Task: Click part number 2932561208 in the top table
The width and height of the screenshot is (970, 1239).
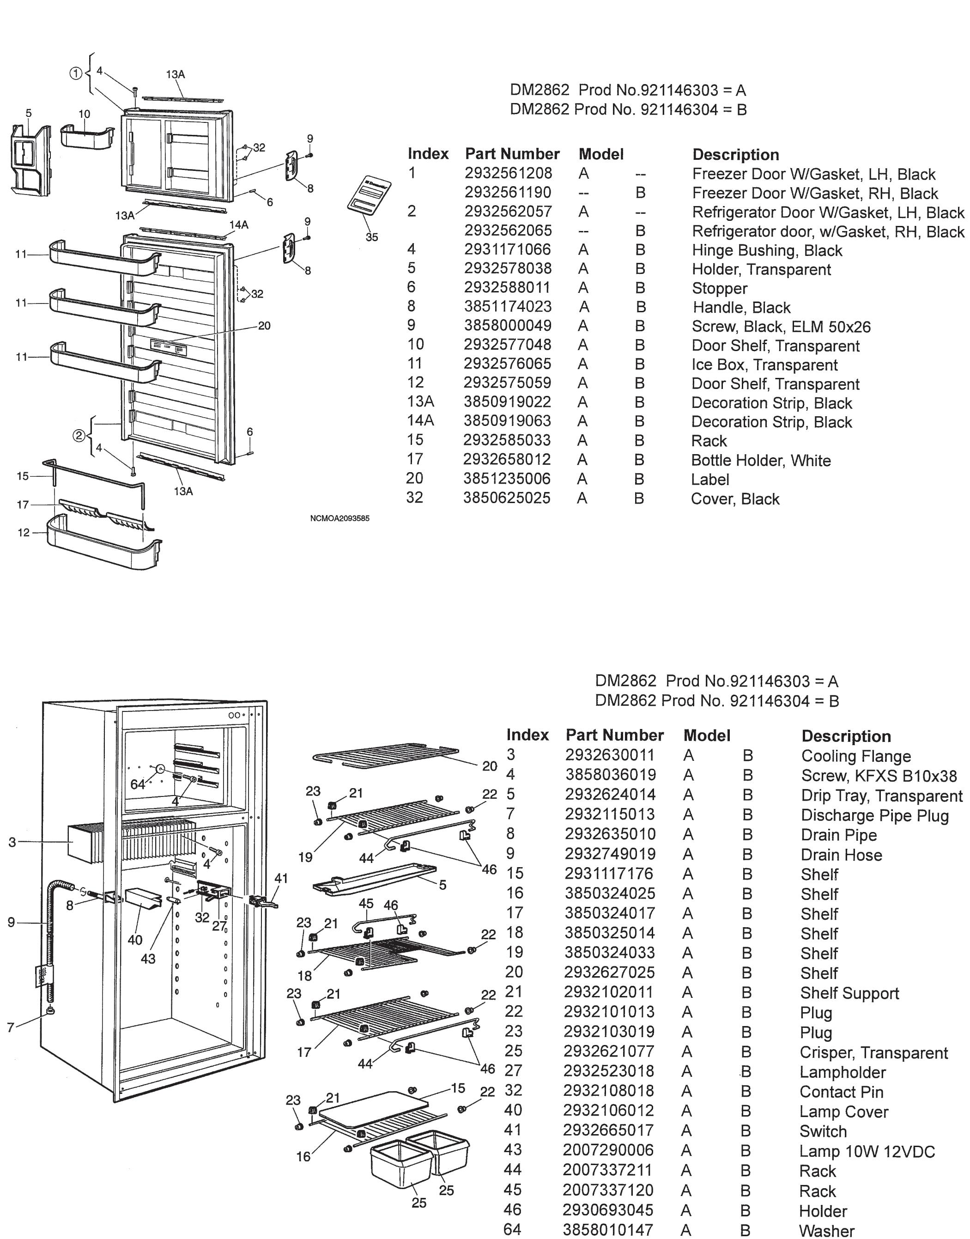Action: tap(508, 173)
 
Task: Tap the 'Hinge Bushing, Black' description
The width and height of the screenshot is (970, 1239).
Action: tap(767, 250)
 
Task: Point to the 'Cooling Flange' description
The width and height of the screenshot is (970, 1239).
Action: tap(856, 756)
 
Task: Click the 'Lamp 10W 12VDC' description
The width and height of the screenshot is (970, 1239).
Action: tap(867, 1152)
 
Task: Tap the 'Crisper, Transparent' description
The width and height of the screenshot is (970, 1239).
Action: tap(873, 1053)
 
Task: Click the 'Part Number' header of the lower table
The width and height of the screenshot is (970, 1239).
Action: tap(614, 735)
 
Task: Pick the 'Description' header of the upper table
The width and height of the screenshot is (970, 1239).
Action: tap(735, 154)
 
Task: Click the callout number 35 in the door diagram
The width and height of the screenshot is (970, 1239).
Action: tap(371, 237)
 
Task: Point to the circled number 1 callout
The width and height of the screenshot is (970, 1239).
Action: tap(76, 73)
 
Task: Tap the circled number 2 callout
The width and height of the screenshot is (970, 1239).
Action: tap(79, 436)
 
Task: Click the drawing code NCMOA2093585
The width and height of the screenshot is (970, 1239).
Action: tap(339, 518)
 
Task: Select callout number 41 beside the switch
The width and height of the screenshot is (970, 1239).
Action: tap(281, 878)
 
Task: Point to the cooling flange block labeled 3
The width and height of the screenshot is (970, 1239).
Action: tap(82, 843)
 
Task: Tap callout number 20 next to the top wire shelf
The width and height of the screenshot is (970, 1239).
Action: tap(490, 766)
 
